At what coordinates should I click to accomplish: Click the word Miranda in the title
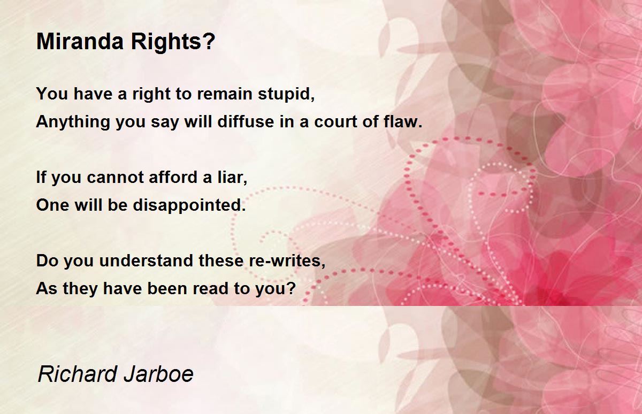pyautogui.click(x=80, y=41)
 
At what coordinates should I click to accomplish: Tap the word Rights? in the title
pyautogui.click(x=173, y=41)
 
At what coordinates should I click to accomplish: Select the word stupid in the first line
pyautogui.click(x=286, y=94)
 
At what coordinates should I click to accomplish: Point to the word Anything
pyautogui.click(x=73, y=121)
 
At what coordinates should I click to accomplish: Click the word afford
pyautogui.click(x=173, y=177)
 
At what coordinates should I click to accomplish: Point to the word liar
pyautogui.click(x=232, y=177)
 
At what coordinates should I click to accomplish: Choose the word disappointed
pyautogui.click(x=189, y=205)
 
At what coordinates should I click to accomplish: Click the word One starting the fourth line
pyautogui.click(x=52, y=205)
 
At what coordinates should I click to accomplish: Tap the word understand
pyautogui.click(x=146, y=260)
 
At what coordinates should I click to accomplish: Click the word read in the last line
pyautogui.click(x=210, y=288)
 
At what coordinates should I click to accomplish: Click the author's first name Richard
pyautogui.click(x=78, y=374)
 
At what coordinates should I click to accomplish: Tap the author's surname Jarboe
pyautogui.click(x=159, y=374)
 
